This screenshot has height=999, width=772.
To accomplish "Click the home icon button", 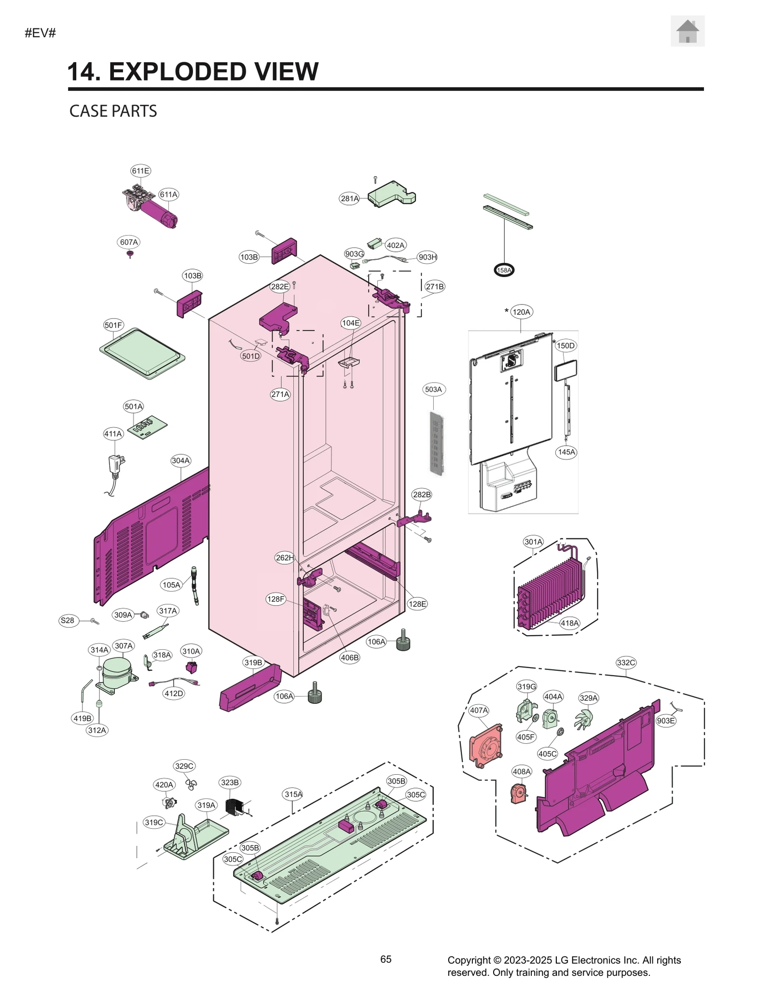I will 687,31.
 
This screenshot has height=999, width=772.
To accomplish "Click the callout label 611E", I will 140,171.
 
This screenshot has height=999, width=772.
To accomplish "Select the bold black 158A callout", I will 504,270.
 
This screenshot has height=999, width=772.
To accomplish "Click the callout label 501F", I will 113,325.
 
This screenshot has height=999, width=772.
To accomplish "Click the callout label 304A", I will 180,461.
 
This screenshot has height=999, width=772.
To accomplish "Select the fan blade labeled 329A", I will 584,719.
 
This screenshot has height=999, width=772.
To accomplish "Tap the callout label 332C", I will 626,663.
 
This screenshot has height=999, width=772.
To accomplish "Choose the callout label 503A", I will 433,389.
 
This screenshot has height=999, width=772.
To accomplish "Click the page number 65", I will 386,959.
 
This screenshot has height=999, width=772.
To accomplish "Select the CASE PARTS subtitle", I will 113,111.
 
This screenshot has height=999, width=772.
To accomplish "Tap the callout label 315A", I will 293,794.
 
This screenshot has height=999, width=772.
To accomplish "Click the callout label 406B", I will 349,657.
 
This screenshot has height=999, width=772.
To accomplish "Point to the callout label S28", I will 67,620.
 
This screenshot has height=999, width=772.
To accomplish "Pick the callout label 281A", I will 349,198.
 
